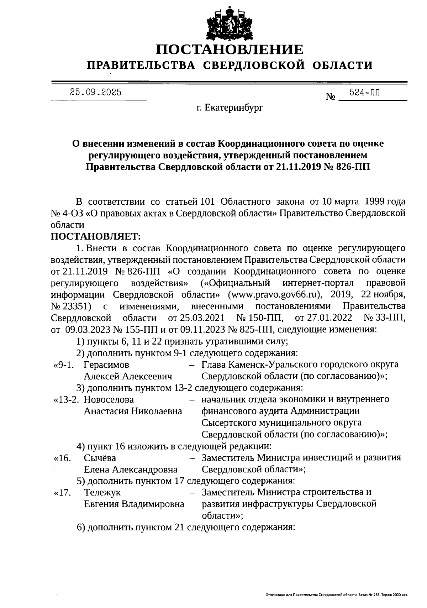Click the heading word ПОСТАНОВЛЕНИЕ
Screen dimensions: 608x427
pyautogui.click(x=230, y=50)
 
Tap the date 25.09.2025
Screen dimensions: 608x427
pyautogui.click(x=95, y=93)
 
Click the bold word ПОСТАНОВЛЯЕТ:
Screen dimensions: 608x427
pyautogui.click(x=96, y=236)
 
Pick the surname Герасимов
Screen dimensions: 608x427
pyautogui.click(x=106, y=365)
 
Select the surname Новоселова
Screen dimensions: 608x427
pyautogui.click(x=109, y=399)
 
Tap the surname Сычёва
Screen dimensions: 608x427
pyautogui.click(x=100, y=458)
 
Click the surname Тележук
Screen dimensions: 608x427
pyautogui.click(x=102, y=492)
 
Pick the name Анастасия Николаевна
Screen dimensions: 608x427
pyautogui.click(x=133, y=411)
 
